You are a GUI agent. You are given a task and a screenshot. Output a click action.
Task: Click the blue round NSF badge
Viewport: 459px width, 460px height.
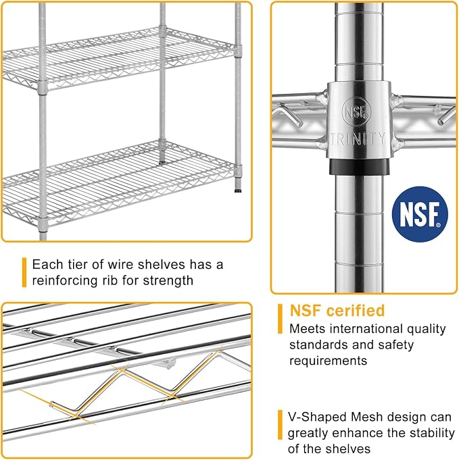420,214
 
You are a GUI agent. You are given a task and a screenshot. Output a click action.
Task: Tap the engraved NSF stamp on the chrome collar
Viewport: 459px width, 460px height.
356,112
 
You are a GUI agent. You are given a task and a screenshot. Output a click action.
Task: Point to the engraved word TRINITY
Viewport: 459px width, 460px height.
358,138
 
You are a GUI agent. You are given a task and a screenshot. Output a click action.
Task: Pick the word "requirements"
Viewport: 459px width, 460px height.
328,361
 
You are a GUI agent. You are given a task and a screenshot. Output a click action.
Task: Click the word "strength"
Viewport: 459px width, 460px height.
168,281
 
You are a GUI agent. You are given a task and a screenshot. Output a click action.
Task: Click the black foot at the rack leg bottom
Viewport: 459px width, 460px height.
238,190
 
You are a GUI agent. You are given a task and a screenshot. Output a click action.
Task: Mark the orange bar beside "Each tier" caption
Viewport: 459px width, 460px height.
24,272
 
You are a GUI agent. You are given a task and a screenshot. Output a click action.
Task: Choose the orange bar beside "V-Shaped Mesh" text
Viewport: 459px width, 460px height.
280,425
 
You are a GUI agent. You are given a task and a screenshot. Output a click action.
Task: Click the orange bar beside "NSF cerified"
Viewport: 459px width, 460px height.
280,319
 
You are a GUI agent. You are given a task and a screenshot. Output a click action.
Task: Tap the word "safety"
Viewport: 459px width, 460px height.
395,345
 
